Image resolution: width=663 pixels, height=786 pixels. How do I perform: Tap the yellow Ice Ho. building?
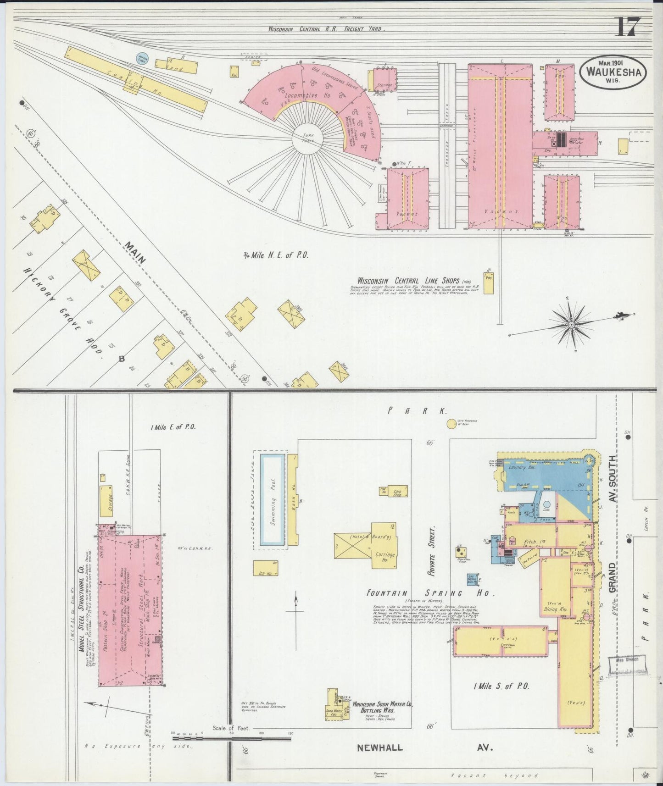265,568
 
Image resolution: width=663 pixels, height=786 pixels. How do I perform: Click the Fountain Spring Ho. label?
430,593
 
